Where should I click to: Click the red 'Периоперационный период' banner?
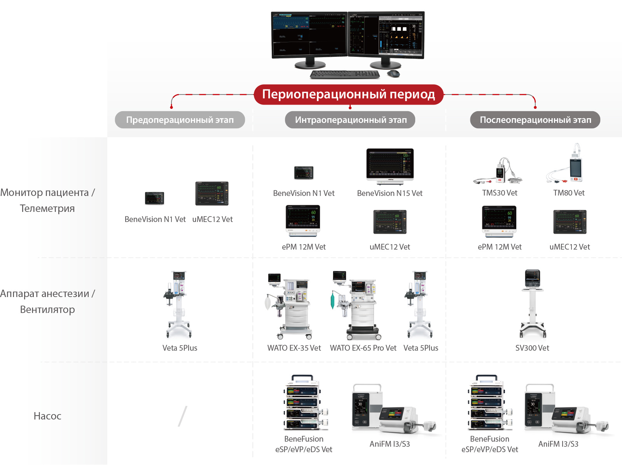[348, 94]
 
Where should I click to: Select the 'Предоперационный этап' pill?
[180, 120]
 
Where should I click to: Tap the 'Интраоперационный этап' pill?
[350, 120]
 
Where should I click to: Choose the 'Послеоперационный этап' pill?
[535, 120]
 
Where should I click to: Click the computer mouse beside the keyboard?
[393, 73]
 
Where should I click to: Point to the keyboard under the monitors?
[344, 74]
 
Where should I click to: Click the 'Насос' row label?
[47, 416]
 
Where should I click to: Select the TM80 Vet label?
[569, 193]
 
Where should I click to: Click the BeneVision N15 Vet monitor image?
[390, 166]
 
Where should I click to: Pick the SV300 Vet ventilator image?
[532, 303]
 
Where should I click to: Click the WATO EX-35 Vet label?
[294, 348]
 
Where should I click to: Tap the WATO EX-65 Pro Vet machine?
[358, 305]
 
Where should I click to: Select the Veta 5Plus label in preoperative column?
[180, 348]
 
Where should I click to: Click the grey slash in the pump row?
[182, 416]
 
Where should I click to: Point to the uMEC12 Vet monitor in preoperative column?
[212, 194]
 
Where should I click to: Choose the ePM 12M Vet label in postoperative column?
[500, 247]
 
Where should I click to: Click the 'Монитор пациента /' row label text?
[47, 192]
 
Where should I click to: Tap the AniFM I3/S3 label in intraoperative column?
[390, 444]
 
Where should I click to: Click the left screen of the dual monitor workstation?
[309, 34]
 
